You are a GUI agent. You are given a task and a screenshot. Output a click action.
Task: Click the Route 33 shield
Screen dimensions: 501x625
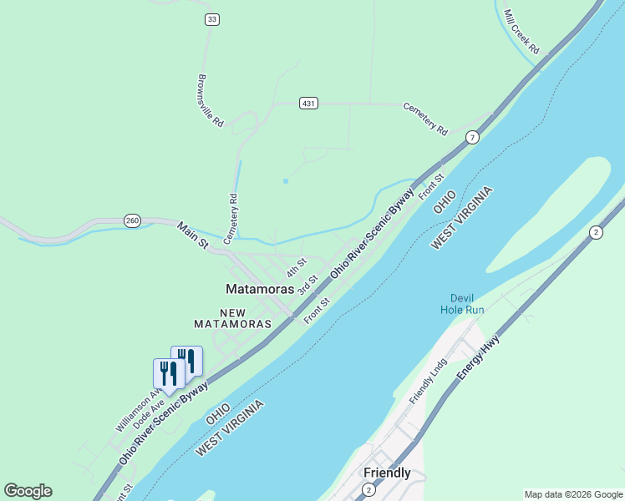coord(212,19)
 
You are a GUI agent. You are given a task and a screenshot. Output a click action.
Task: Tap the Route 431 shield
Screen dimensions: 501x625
coord(309,104)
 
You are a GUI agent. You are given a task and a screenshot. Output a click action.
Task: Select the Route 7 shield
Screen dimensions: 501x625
coord(473,137)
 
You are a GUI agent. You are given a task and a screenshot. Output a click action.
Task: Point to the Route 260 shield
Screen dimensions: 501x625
coord(132,220)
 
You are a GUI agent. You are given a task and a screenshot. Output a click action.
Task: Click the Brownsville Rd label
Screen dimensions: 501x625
coord(211,101)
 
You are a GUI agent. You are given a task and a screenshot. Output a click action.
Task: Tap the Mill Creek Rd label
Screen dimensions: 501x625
coord(523,33)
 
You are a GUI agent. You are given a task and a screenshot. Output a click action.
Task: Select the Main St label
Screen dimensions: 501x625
coord(192,235)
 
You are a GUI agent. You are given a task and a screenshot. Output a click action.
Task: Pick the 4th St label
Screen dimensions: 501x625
coord(297,267)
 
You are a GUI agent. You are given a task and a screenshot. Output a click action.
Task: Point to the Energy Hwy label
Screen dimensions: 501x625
coord(478,358)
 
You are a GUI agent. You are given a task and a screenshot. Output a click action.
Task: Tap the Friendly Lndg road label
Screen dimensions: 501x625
coord(429,382)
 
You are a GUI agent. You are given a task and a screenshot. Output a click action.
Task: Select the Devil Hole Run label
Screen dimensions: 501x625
coord(462,304)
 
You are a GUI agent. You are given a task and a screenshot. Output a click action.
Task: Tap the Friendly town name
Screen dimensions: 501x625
coord(387,473)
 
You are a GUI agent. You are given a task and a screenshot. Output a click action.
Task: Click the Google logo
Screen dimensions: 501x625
coord(28,491)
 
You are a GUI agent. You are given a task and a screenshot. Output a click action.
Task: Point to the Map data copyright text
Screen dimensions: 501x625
coord(572,494)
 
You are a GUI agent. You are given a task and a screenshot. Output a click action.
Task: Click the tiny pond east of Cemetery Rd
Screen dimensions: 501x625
coord(286,180)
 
